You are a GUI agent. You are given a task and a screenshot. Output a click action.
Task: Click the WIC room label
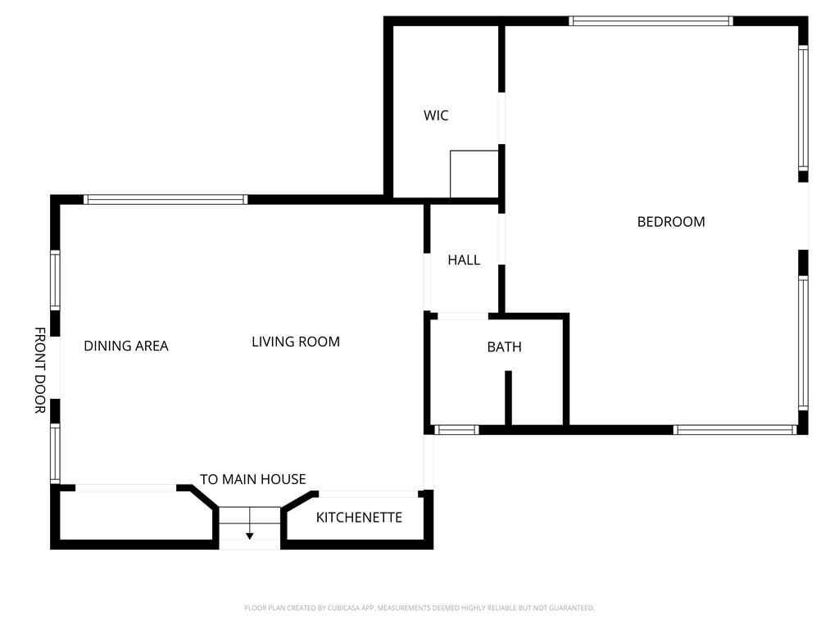click(x=436, y=115)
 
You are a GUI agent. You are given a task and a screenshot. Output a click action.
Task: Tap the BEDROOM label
click(x=671, y=221)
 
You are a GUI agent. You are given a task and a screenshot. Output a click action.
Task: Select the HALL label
click(x=464, y=260)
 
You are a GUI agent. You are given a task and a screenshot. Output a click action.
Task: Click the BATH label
click(x=504, y=346)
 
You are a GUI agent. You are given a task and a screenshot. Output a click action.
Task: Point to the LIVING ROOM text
click(x=295, y=342)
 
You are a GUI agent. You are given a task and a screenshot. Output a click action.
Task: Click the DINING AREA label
click(x=126, y=346)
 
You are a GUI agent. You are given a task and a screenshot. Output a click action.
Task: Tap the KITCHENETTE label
click(x=359, y=517)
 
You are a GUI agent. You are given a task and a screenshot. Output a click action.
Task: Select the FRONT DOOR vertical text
click(x=39, y=370)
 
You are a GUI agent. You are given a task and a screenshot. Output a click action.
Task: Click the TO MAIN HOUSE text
click(x=252, y=479)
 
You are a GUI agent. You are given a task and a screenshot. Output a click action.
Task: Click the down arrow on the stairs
click(x=250, y=535)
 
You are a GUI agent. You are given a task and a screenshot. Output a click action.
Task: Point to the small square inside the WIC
click(x=474, y=174)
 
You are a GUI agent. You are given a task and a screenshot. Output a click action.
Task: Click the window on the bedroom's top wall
click(x=651, y=21)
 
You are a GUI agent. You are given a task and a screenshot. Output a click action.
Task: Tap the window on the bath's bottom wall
click(x=456, y=429)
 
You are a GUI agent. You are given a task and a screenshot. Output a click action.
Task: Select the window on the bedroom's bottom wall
click(x=734, y=429)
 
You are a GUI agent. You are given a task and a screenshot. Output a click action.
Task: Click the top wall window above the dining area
click(x=165, y=199)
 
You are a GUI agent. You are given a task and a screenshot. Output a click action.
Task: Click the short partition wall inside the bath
click(x=508, y=397)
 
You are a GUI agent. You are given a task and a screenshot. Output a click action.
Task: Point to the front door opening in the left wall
click(x=55, y=367)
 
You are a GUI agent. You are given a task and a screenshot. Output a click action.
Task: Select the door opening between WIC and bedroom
click(x=501, y=118)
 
